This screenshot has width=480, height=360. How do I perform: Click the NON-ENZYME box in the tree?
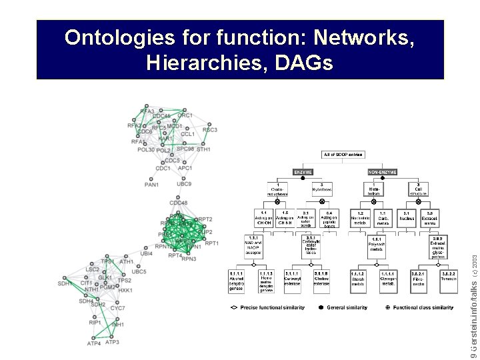(383, 172)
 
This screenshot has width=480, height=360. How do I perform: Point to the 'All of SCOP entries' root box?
(343, 155)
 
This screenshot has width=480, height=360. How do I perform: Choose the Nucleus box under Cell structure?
(407, 219)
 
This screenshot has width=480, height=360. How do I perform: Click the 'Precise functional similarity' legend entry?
(267, 308)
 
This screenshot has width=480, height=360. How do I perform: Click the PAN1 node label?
(151, 185)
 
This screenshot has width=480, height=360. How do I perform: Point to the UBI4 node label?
(146, 253)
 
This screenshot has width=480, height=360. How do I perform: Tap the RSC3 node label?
(210, 130)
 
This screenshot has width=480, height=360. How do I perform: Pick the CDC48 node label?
(179, 203)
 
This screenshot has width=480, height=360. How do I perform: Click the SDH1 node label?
(65, 283)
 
